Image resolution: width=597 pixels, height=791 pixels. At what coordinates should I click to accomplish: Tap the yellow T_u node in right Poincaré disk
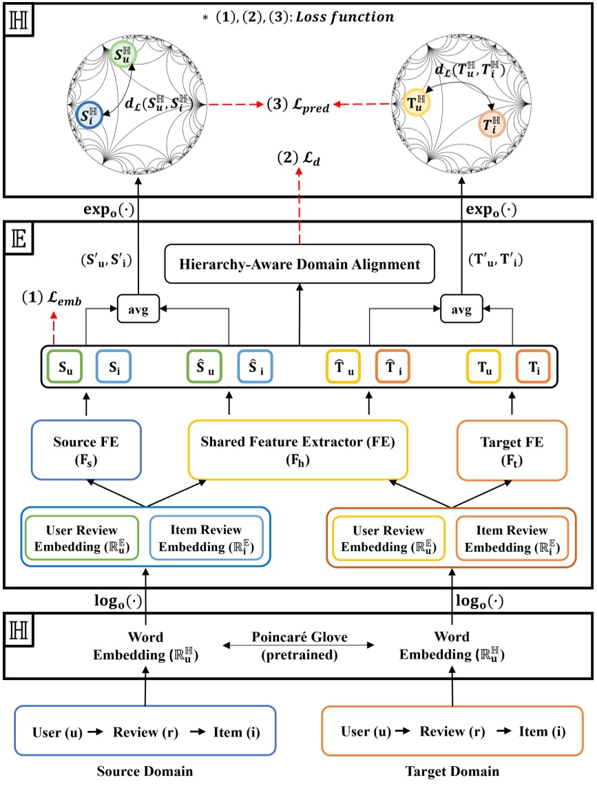[417, 103]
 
